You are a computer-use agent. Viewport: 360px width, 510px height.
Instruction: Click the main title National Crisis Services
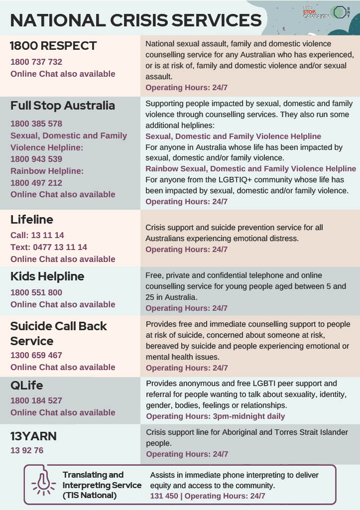click(x=135, y=20)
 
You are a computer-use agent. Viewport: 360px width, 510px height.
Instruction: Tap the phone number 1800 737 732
click(x=36, y=62)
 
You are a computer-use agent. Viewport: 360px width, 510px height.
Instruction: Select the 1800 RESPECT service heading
click(x=53, y=46)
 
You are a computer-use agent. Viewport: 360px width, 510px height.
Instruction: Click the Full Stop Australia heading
click(x=63, y=106)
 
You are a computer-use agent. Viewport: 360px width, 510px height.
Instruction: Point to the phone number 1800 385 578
click(x=36, y=124)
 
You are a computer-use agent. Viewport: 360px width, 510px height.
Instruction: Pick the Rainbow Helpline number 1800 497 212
click(x=36, y=183)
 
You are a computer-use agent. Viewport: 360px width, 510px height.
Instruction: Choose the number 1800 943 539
click(x=36, y=159)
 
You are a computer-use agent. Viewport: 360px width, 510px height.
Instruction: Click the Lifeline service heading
click(x=32, y=220)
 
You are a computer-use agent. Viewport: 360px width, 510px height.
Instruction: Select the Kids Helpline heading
click(x=47, y=276)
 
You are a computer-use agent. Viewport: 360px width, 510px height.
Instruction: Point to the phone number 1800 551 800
click(x=36, y=292)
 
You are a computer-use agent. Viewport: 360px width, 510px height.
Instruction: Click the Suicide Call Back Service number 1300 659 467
click(x=36, y=356)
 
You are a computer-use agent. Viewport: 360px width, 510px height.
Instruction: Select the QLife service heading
click(x=27, y=385)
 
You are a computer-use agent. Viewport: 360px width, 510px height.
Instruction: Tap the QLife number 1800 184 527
click(x=36, y=400)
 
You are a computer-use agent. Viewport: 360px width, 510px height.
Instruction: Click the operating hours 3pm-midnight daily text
click(x=215, y=416)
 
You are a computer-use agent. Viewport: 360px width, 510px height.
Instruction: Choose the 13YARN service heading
click(x=33, y=436)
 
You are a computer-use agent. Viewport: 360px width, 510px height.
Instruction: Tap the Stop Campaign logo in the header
click(x=316, y=12)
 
